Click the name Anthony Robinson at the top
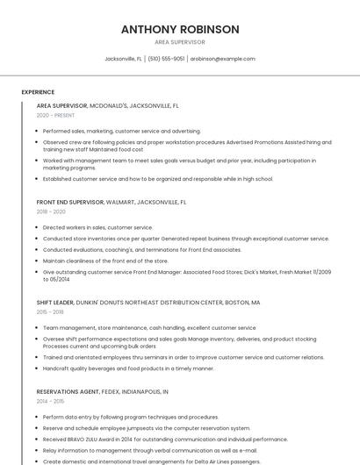click(x=180, y=29)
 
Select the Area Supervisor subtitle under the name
click(x=180, y=41)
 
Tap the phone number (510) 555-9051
click(x=167, y=59)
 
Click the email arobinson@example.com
click(x=222, y=59)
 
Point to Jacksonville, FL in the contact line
click(x=123, y=59)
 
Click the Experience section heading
click(x=38, y=92)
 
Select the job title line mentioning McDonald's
click(x=108, y=105)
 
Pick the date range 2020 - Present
click(x=55, y=115)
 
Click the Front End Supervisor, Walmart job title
click(x=112, y=202)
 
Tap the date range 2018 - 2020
click(x=51, y=211)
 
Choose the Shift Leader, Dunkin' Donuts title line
click(x=148, y=302)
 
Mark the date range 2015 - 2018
click(x=50, y=311)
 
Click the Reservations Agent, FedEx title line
click(x=103, y=391)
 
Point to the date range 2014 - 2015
click(x=50, y=401)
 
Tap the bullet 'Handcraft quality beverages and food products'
click(x=128, y=368)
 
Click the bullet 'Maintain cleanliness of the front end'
click(x=105, y=261)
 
